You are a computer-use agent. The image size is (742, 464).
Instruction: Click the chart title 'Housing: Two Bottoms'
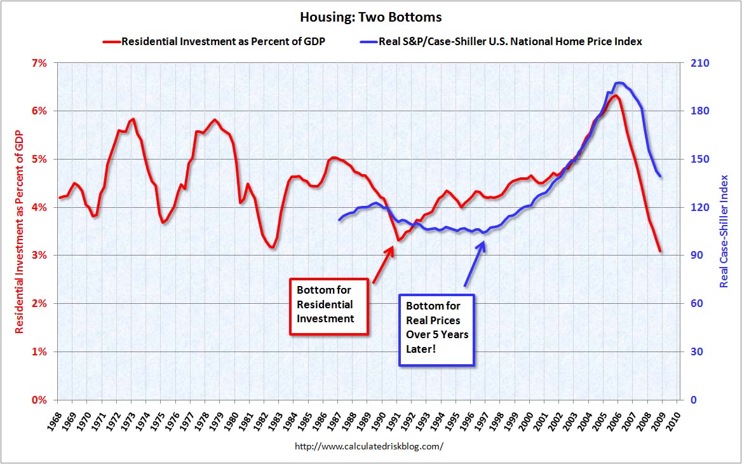370,17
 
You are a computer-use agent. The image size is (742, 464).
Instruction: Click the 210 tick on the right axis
696,63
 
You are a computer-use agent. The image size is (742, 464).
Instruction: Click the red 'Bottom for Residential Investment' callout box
329,306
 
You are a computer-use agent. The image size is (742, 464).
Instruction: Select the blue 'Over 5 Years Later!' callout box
436,329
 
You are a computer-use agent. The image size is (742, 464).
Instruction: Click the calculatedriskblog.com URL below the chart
369,446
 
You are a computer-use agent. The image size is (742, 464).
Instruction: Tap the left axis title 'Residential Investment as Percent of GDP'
20,232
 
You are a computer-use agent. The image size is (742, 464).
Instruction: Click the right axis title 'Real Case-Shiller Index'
724,231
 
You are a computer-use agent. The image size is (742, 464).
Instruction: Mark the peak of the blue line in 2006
619,83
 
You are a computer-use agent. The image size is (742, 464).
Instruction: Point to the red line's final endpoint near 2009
660,251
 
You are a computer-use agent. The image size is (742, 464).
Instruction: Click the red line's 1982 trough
273,247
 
